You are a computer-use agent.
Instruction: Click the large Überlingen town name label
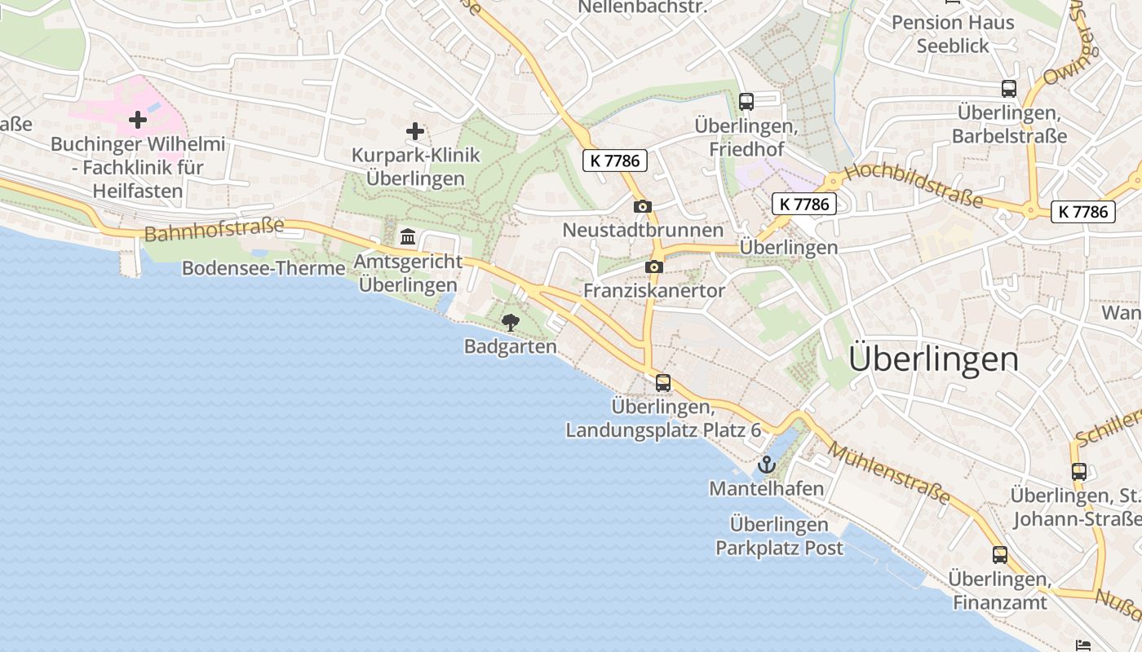click(934, 359)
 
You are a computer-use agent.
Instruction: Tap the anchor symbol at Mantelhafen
click(766, 465)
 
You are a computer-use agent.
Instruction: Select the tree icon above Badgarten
click(511, 322)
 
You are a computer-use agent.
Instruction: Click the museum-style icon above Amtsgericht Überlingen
click(408, 237)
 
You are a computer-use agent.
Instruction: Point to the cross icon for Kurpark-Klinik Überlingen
click(415, 130)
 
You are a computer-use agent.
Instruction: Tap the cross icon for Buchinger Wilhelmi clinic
click(138, 120)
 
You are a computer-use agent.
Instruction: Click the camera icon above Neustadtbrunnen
click(643, 206)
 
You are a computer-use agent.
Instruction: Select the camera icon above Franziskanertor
click(653, 267)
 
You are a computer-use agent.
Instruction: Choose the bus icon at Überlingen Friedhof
click(746, 102)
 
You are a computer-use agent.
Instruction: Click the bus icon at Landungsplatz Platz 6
click(663, 382)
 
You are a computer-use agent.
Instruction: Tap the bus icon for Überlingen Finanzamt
click(1000, 555)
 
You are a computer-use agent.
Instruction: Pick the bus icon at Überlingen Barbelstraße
click(1009, 89)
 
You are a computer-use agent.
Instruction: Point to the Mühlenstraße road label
click(889, 473)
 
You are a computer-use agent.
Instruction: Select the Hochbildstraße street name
click(913, 185)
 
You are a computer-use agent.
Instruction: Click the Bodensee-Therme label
click(263, 268)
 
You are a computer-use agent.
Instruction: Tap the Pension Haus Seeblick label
click(953, 34)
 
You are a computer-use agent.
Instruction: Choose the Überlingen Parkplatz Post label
click(779, 535)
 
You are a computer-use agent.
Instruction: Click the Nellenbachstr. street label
click(641, 7)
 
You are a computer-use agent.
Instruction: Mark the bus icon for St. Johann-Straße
click(1079, 471)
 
